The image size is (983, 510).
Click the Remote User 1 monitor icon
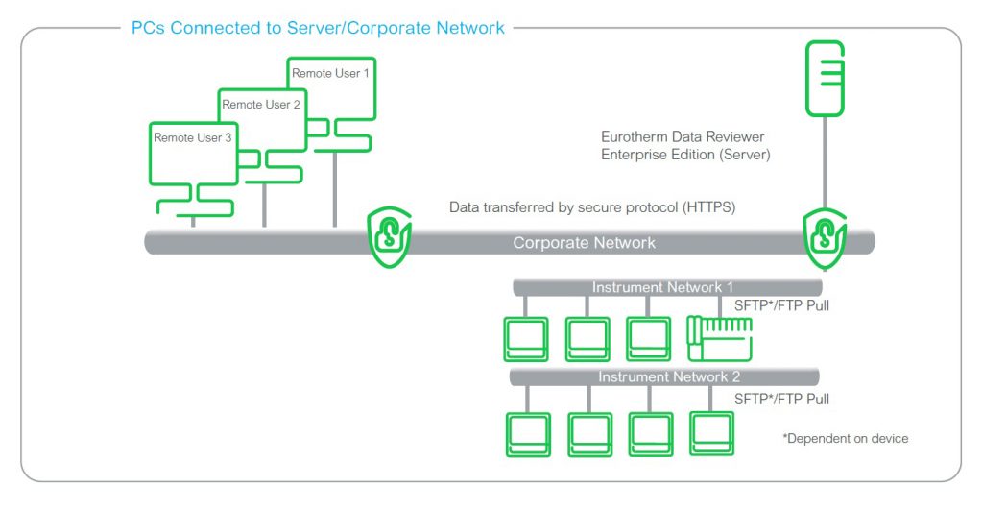click(x=331, y=88)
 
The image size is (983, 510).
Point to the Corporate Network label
click(x=584, y=243)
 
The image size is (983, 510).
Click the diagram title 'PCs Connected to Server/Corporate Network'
click(x=318, y=28)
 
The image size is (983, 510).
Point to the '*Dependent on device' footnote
click(x=846, y=438)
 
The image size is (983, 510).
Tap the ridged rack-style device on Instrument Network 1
click(x=719, y=338)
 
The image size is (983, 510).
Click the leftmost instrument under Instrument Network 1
click(x=526, y=339)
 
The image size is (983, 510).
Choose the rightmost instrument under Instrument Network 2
click(x=712, y=433)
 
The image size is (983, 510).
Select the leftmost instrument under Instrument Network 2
click(x=527, y=433)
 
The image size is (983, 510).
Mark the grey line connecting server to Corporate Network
click(x=824, y=163)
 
